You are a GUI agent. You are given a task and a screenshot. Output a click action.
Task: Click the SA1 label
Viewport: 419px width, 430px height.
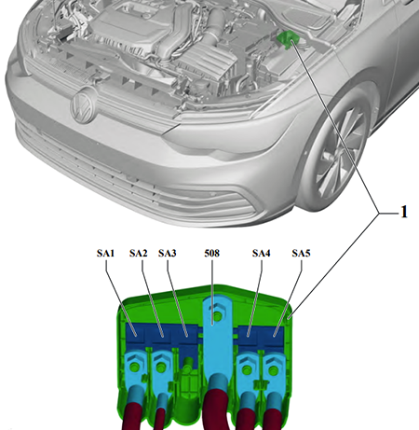[x=105, y=252]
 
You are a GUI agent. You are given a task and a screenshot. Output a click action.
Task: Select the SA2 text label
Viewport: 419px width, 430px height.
[x=138, y=252]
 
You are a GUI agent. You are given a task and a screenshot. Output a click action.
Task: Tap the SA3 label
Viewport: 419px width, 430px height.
[x=168, y=252]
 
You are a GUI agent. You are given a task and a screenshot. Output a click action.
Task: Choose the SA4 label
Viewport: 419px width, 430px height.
[x=262, y=252]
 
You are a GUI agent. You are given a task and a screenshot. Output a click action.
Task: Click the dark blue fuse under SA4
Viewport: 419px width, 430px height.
[x=250, y=333]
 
